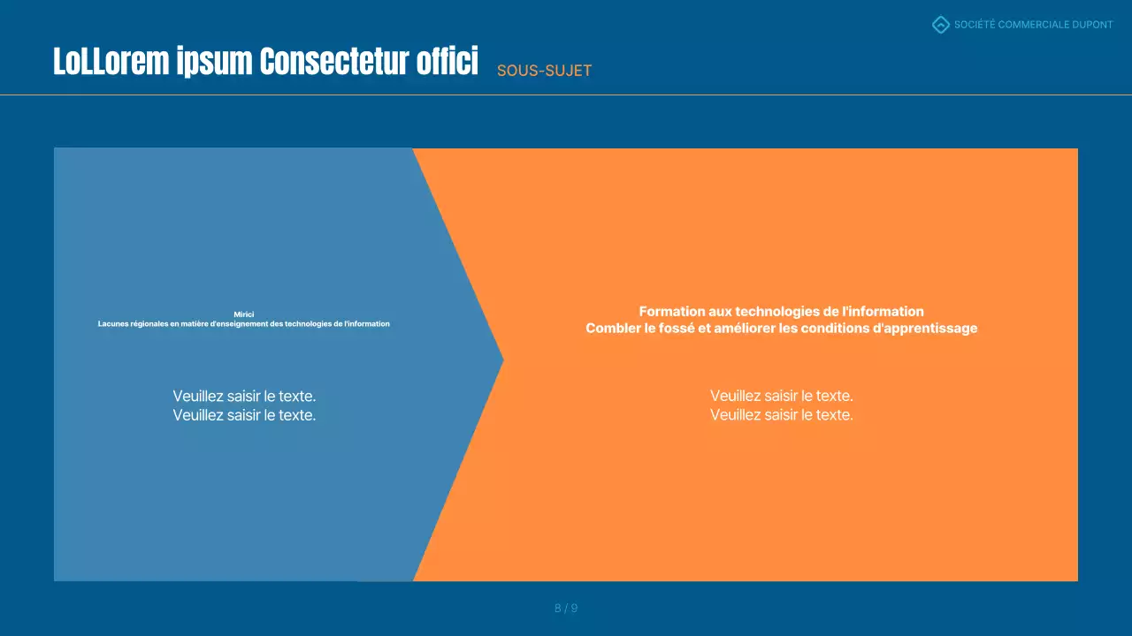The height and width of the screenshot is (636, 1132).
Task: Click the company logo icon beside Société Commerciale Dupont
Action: pyautogui.click(x=941, y=25)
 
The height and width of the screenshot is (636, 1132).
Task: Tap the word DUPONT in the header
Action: pyautogui.click(x=1092, y=25)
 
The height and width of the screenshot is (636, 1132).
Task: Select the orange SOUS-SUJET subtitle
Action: pyautogui.click(x=544, y=71)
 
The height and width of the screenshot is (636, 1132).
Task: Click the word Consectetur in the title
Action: pyautogui.click(x=335, y=62)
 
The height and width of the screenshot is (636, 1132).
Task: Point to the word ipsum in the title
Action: pyautogui.click(x=213, y=62)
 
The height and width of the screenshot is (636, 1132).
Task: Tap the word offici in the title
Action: pyautogui.click(x=447, y=62)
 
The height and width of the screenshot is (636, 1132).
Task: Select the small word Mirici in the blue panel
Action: pyautogui.click(x=243, y=314)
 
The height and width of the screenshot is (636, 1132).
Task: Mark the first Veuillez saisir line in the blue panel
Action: pyautogui.click(x=244, y=396)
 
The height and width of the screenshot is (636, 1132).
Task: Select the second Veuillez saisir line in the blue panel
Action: pyautogui.click(x=244, y=415)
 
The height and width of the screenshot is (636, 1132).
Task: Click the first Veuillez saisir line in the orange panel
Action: pyautogui.click(x=781, y=396)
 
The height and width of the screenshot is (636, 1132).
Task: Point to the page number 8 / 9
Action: pyautogui.click(x=566, y=608)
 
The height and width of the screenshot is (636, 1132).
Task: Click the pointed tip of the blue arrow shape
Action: pyautogui.click(x=501, y=360)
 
